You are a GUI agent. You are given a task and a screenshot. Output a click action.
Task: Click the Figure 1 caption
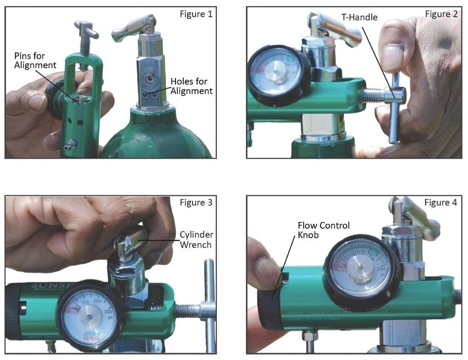click(196, 14)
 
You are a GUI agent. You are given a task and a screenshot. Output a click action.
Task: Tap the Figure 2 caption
click(441, 14)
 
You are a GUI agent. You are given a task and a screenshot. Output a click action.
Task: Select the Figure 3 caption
click(196, 203)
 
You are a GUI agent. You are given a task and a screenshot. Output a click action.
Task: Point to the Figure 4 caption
click(441, 203)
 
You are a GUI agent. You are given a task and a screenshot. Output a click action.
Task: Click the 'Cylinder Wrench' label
click(196, 240)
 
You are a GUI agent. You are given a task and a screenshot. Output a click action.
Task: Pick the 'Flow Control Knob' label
click(324, 231)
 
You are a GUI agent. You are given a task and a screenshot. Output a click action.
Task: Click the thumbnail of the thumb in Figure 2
click(392, 57)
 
